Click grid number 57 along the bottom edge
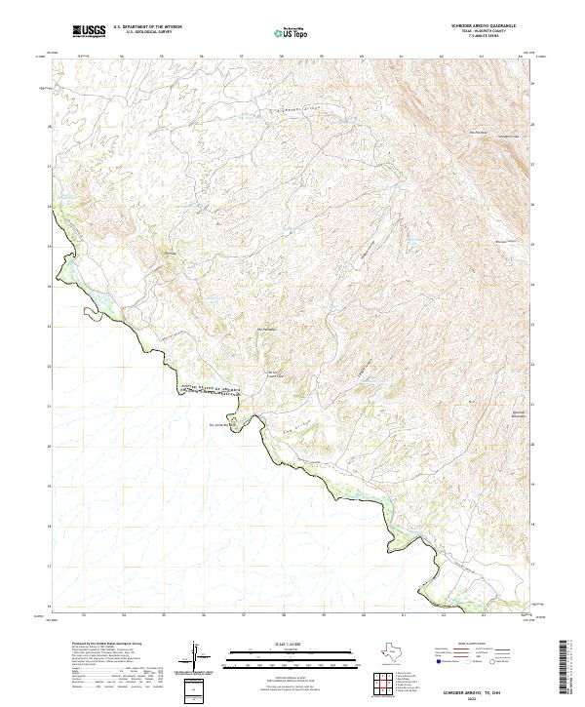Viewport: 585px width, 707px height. click(x=242, y=615)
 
